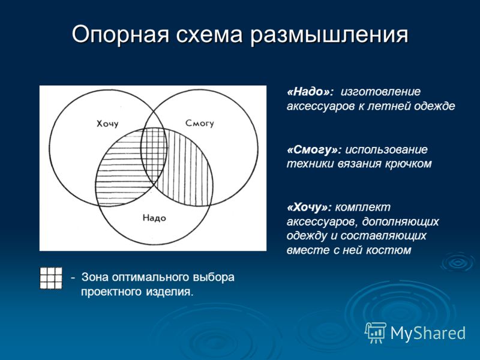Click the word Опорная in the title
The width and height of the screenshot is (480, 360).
[120, 35]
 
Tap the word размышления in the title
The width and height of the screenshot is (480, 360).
[329, 35]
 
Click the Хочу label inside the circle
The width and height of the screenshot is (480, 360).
[107, 124]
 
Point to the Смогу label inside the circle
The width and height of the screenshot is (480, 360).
[200, 123]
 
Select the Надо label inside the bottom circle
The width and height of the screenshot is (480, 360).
[154, 218]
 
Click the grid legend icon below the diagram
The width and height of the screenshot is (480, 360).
[51, 278]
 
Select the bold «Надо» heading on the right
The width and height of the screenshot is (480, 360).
[310, 92]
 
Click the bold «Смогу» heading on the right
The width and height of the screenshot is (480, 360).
[314, 149]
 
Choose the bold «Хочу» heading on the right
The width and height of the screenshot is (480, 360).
[309, 208]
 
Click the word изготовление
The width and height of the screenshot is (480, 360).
[381, 92]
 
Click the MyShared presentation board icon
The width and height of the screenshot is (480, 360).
[376, 332]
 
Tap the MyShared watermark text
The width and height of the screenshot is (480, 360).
[428, 333]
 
